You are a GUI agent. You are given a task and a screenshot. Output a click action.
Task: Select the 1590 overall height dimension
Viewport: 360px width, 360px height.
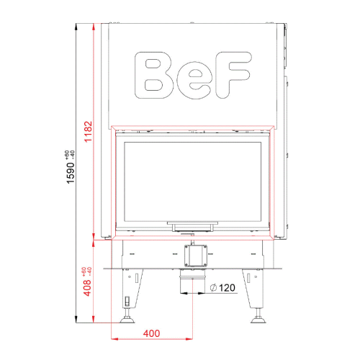[x=71, y=173]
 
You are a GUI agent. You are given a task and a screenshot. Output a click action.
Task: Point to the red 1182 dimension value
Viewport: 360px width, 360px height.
[x=89, y=132]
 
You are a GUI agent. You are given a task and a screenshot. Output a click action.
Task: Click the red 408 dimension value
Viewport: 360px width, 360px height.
[x=87, y=287]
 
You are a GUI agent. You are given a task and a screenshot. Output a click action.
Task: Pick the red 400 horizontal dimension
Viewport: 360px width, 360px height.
[x=151, y=333]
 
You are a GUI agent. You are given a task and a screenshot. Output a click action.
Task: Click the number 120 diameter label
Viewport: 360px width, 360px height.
[x=227, y=287]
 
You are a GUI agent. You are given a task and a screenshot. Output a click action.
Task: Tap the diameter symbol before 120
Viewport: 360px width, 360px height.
[x=213, y=287]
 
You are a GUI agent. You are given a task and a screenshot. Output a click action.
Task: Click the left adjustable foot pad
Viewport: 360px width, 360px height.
[x=127, y=320]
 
